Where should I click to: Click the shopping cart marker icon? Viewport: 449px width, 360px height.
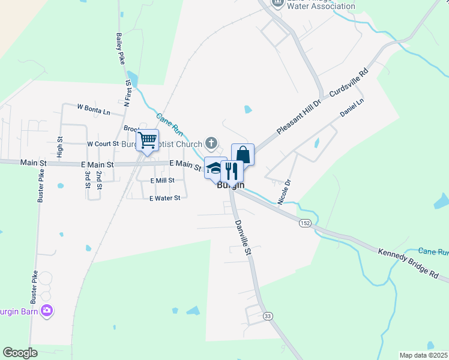[x=147, y=140]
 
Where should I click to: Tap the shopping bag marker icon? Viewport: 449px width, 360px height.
[x=243, y=154]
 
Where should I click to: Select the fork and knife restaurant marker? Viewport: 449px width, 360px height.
[x=232, y=170]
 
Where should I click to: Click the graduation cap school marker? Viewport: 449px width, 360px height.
[x=214, y=168]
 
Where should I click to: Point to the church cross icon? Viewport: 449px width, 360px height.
[x=211, y=143]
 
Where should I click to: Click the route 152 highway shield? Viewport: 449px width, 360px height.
[x=306, y=223]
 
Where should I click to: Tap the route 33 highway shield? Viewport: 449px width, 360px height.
[x=268, y=316]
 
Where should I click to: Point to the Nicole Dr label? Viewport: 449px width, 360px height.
[x=284, y=192]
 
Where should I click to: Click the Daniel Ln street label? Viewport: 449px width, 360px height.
[x=352, y=108]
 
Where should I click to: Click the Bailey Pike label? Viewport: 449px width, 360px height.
[x=121, y=49]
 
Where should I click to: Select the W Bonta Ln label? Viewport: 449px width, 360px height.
[x=94, y=109]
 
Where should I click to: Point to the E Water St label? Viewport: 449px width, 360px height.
[x=164, y=198]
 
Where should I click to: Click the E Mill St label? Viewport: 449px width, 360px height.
[x=162, y=180]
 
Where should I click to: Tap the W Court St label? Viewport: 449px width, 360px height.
[x=103, y=144]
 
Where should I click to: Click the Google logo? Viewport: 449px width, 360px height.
[x=20, y=353]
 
